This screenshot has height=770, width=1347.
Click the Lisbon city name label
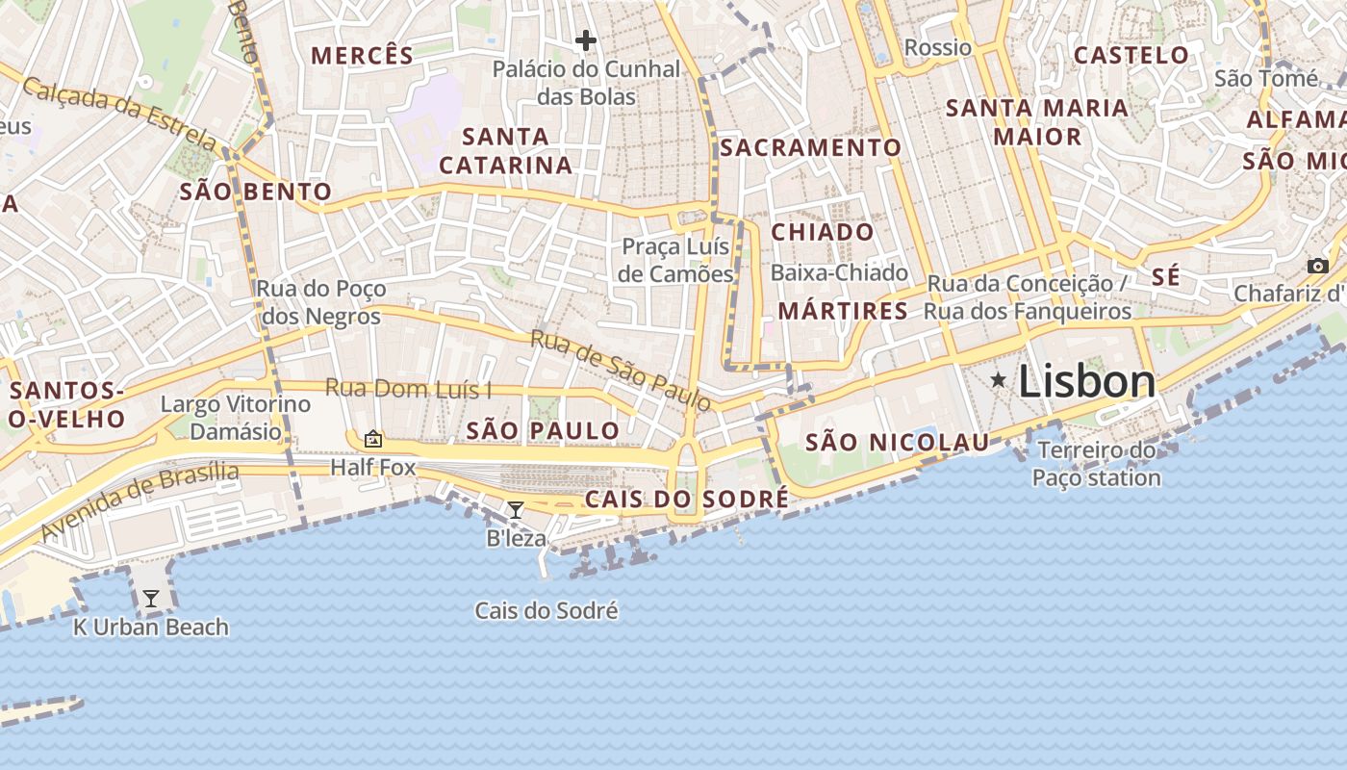pyautogui.click(x=1086, y=382)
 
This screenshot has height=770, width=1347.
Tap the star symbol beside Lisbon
pyautogui.click(x=999, y=381)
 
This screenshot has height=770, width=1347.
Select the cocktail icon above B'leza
pyautogui.click(x=516, y=509)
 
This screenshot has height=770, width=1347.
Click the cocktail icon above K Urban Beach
pyautogui.click(x=151, y=599)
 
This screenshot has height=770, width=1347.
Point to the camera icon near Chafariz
pyautogui.click(x=1317, y=266)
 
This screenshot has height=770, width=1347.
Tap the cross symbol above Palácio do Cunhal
pyautogui.click(x=585, y=40)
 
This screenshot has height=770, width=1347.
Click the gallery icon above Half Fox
pyautogui.click(x=373, y=440)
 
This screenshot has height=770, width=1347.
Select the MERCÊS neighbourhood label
pyautogui.click(x=363, y=56)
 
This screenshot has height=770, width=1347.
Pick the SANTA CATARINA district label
pyautogui.click(x=506, y=151)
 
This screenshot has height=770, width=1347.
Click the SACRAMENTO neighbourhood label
pyautogui.click(x=810, y=147)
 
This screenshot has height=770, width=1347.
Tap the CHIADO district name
pyautogui.click(x=823, y=232)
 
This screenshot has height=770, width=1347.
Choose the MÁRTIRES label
pyautogui.click(x=843, y=311)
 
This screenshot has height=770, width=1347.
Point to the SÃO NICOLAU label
pyautogui.click(x=897, y=443)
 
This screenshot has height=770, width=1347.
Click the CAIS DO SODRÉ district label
pyautogui.click(x=686, y=500)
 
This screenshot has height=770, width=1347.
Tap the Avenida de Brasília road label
pyautogui.click(x=140, y=501)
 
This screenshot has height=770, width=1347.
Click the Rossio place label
pyautogui.click(x=938, y=47)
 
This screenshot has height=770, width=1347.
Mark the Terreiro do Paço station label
pyautogui.click(x=1096, y=464)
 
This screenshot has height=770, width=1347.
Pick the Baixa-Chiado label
pyautogui.click(x=839, y=272)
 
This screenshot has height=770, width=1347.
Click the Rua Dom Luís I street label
pyautogui.click(x=408, y=389)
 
